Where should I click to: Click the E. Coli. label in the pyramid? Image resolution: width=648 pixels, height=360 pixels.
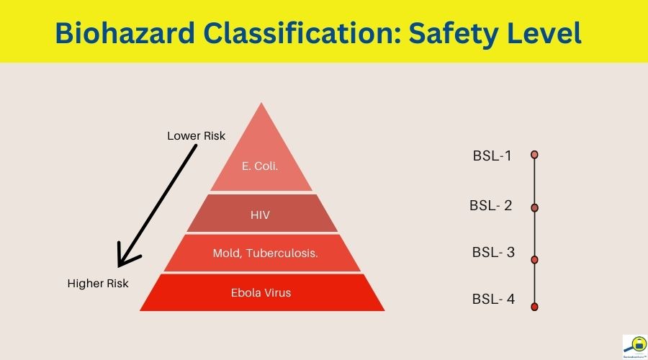(x=260, y=166)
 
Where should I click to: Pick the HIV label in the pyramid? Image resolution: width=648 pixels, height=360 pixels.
(x=261, y=214)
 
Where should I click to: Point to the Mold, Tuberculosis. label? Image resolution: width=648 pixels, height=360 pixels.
(x=266, y=253)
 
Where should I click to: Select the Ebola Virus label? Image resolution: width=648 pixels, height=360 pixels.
(x=261, y=292)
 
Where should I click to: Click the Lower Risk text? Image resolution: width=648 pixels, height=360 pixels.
(x=196, y=135)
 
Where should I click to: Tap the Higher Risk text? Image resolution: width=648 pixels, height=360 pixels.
(x=98, y=284)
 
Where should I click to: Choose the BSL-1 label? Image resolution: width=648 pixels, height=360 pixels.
(x=492, y=155)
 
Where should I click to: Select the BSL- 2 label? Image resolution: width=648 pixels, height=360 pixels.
(x=491, y=205)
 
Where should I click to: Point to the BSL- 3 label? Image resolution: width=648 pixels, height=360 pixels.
(x=493, y=253)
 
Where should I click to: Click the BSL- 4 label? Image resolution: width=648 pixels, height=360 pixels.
(x=493, y=299)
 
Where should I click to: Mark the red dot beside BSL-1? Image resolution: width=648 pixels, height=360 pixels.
(x=534, y=155)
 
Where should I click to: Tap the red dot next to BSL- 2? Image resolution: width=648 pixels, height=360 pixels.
(x=534, y=207)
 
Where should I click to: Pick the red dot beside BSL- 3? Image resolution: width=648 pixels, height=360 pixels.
(x=534, y=259)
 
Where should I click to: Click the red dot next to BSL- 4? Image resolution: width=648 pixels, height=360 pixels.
(x=534, y=307)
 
